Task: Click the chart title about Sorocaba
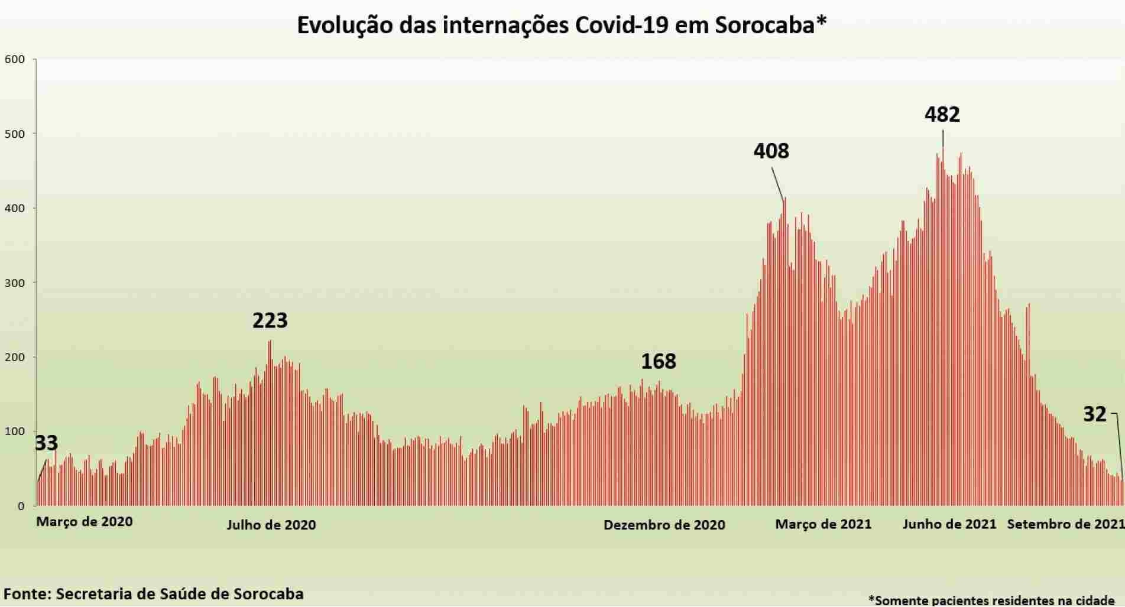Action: point(561,25)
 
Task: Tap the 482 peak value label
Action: point(942,114)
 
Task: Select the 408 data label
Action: point(771,151)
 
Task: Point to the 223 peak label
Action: point(270,320)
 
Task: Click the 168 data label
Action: point(658,361)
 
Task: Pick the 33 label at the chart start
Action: point(46,443)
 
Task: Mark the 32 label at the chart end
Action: point(1094,414)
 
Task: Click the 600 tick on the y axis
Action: point(15,59)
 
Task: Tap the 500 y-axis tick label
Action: point(15,134)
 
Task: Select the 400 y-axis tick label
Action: point(15,208)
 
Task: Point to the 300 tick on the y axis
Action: point(15,283)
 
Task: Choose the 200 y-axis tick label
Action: point(15,357)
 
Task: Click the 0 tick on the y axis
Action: point(21,506)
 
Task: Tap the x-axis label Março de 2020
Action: point(85,522)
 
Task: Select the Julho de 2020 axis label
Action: point(271,525)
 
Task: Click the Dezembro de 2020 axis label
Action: point(664,525)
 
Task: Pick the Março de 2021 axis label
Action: point(823,524)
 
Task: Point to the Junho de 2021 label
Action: point(949,524)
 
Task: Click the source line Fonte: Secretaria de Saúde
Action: point(154,593)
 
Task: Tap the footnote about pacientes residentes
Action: point(991,600)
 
